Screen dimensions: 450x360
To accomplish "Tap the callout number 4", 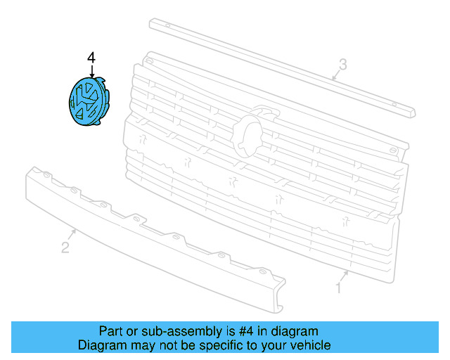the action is click(x=90, y=56).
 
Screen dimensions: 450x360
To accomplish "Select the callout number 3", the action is click(x=342, y=65).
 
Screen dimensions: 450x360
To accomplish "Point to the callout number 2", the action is click(x=65, y=247).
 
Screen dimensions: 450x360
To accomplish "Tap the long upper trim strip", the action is click(x=281, y=67).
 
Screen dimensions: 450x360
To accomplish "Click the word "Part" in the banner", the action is click(x=111, y=331).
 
